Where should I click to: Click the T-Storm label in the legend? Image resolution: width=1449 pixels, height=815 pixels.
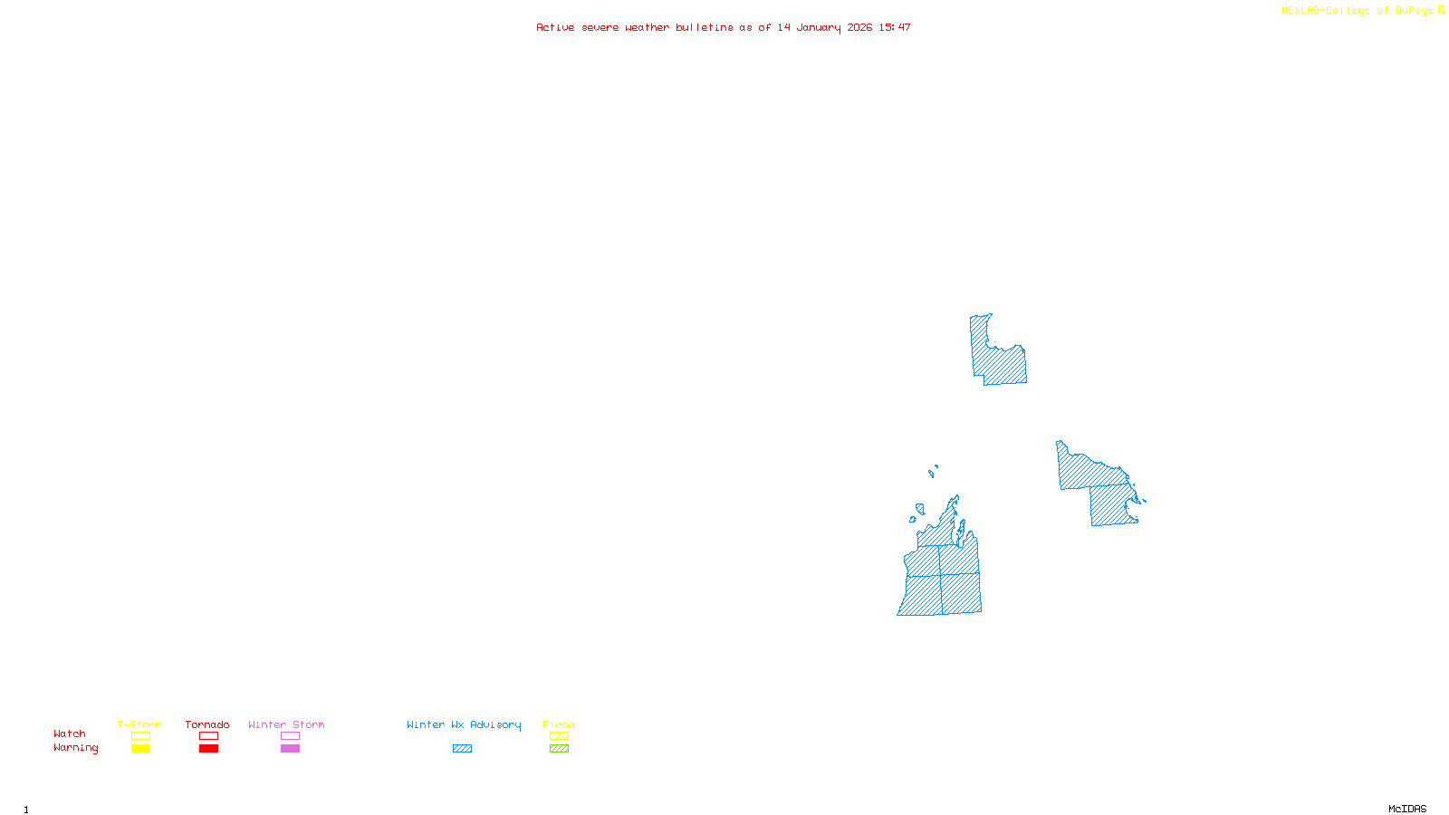click(139, 724)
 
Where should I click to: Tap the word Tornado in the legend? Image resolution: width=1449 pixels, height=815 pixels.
click(207, 724)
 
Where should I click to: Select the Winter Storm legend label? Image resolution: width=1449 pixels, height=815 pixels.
click(286, 724)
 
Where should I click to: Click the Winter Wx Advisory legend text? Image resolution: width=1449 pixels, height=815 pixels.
click(464, 724)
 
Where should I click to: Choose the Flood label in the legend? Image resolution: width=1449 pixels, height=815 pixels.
click(559, 724)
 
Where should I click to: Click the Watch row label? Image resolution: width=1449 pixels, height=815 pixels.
click(70, 734)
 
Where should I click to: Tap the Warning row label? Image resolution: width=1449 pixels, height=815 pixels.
click(76, 748)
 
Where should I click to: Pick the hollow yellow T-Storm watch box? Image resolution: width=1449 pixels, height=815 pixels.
click(140, 736)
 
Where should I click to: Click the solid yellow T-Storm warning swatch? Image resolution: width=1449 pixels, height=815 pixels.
click(140, 749)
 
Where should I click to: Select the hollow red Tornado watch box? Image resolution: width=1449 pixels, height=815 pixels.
click(208, 736)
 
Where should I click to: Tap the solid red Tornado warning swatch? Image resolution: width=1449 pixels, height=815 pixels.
click(208, 749)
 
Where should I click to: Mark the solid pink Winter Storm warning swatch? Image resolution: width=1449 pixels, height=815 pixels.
click(290, 749)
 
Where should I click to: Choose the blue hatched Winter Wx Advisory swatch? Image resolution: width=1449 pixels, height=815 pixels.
click(462, 749)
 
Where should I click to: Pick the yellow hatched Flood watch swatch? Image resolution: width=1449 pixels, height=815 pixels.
click(559, 736)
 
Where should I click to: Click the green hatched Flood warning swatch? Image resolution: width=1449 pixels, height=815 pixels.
click(559, 749)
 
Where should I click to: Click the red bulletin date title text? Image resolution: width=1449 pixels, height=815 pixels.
click(724, 27)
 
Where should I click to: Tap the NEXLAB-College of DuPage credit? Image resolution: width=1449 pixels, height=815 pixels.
click(1358, 11)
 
